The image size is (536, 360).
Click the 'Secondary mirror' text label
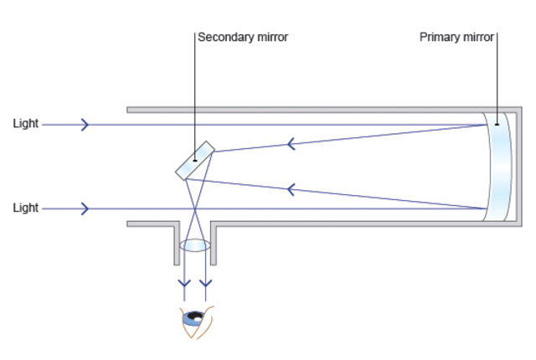(x=243, y=37)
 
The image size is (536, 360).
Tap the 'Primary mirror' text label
(x=456, y=37)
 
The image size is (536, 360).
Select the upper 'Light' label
(x=25, y=124)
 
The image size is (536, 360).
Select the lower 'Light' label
(x=25, y=208)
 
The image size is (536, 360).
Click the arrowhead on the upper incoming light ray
(x=85, y=125)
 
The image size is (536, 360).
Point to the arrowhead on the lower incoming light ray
(x=85, y=208)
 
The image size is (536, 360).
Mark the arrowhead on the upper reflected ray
(x=291, y=144)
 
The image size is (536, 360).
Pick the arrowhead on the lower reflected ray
(x=291, y=189)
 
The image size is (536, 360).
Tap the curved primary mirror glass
(x=500, y=167)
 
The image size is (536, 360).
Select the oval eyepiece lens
(x=195, y=246)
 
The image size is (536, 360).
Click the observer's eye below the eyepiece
(x=196, y=320)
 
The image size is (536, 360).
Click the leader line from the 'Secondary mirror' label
(x=194, y=92)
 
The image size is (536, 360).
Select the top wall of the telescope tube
(x=310, y=110)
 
